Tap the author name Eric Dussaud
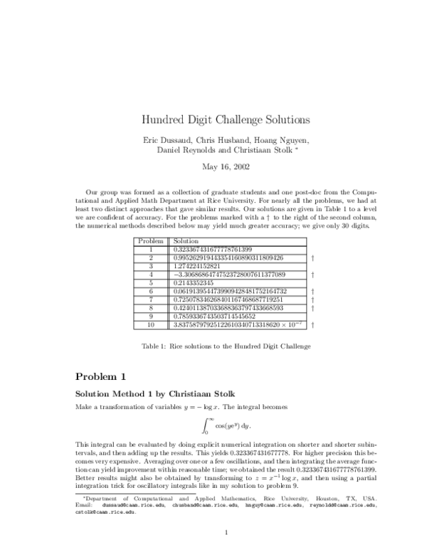pyautogui.click(x=171, y=139)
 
